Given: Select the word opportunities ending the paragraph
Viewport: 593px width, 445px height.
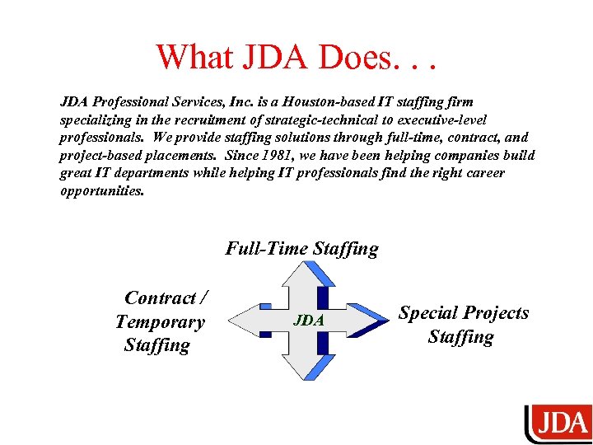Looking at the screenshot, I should [x=101, y=190].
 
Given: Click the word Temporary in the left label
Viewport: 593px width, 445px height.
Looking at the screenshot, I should [x=160, y=322].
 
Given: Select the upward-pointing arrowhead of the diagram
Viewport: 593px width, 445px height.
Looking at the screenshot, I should [x=306, y=274].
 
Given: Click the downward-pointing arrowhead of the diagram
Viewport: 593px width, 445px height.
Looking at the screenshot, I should [x=306, y=368].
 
